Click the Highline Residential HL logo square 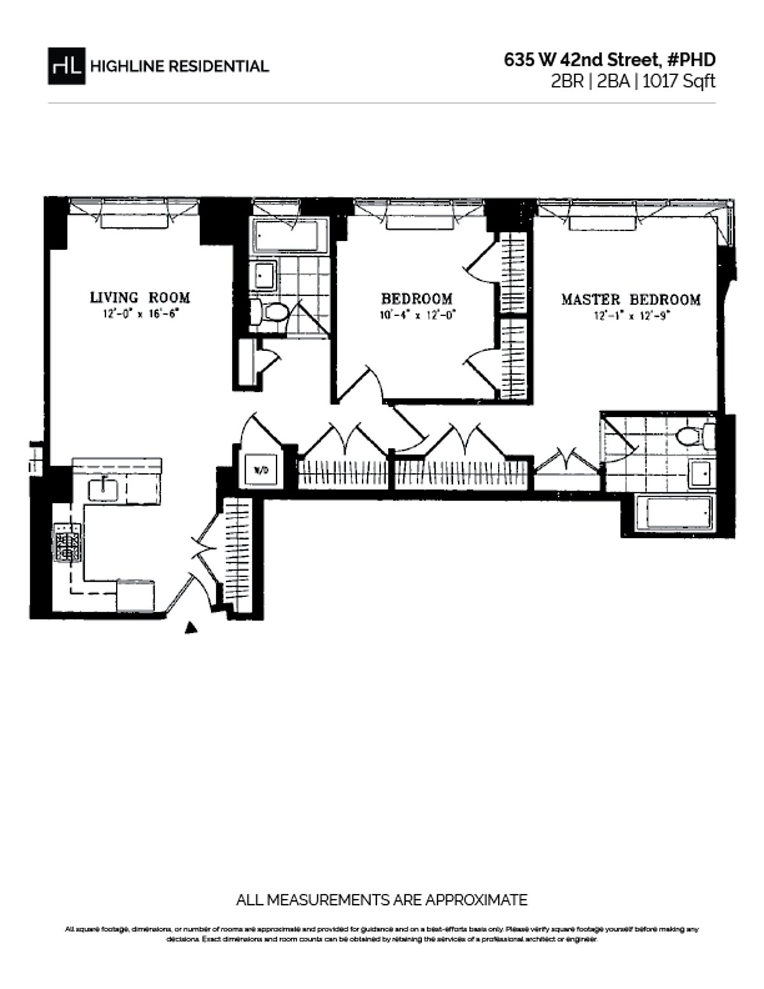click(66, 66)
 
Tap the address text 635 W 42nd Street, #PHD click(609, 60)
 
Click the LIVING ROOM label click(139, 297)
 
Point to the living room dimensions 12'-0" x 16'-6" click(139, 314)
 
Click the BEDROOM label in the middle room click(416, 298)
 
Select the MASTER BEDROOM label click(630, 300)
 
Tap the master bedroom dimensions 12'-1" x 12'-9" click(630, 315)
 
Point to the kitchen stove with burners click(68, 542)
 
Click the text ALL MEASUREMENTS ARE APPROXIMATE click(381, 900)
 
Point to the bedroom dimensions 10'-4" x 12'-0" click(416, 315)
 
